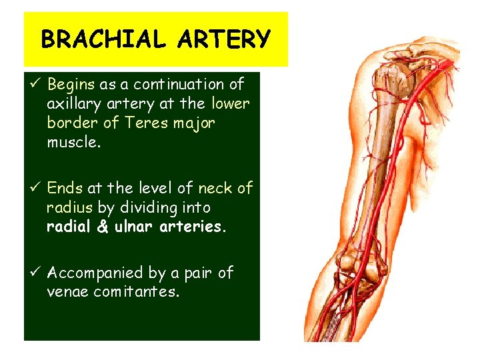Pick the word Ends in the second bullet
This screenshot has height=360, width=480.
pyautogui.click(x=65, y=189)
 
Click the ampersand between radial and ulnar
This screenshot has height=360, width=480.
pyautogui.click(x=103, y=227)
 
